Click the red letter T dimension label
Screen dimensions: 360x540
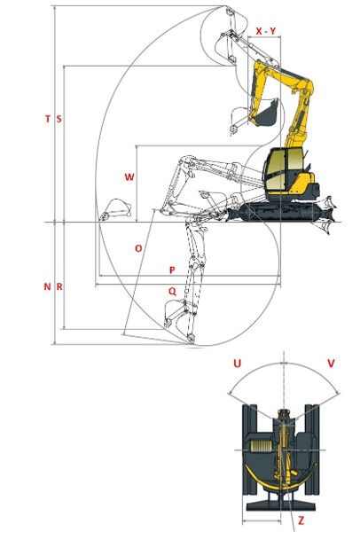click(48, 119)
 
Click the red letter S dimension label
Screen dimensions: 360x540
click(59, 119)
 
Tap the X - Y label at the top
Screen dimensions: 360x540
click(266, 31)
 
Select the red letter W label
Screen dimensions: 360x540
click(129, 177)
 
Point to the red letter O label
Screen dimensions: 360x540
click(138, 248)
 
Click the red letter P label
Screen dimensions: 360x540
click(172, 270)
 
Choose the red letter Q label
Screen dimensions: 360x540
click(172, 292)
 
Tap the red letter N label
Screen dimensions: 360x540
click(48, 286)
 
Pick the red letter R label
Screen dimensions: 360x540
click(59, 286)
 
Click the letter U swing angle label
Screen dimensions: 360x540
click(238, 364)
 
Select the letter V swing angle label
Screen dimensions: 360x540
click(331, 364)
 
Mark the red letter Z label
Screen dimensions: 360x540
click(301, 520)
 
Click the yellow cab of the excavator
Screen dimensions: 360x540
click(283, 169)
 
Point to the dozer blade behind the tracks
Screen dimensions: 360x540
click(325, 215)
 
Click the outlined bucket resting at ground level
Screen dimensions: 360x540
click(115, 209)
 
